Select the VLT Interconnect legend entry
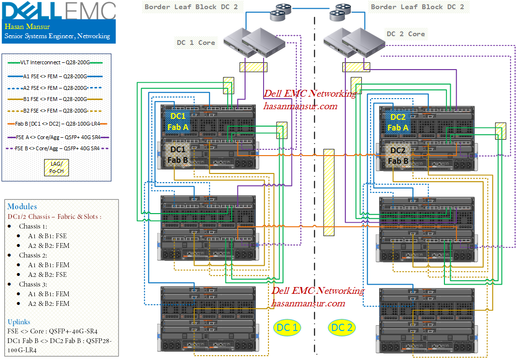(55, 62)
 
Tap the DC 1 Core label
(196, 43)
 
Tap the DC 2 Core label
(406, 34)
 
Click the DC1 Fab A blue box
(177, 122)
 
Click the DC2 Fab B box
(398, 156)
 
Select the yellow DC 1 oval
(287, 328)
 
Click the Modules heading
(22, 206)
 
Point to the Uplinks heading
(19, 322)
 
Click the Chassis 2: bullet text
(33, 255)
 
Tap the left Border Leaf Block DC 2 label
(192, 7)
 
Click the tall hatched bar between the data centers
(329, 192)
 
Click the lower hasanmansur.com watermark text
(308, 303)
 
